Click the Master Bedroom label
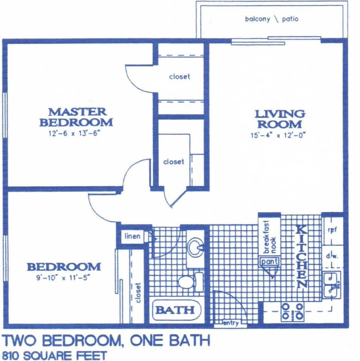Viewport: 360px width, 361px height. click(x=76, y=117)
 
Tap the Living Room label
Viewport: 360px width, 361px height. click(x=280, y=119)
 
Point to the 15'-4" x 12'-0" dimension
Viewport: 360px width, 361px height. click(x=278, y=135)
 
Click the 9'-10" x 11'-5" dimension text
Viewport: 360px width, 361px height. click(x=63, y=278)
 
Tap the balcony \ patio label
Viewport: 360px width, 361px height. click(x=272, y=19)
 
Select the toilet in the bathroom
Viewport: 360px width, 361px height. click(x=190, y=282)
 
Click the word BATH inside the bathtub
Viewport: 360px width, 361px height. click(x=175, y=310)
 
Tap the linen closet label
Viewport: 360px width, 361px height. click(x=132, y=236)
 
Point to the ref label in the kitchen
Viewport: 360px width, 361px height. click(x=332, y=230)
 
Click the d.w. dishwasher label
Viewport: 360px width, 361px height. click(x=332, y=256)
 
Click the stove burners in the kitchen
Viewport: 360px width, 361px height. click(x=292, y=312)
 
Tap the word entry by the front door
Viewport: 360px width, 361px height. click(x=231, y=323)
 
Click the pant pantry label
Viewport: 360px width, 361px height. click(x=270, y=261)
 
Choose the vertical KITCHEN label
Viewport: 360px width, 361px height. click(x=301, y=257)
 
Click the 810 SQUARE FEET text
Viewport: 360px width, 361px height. click(x=54, y=355)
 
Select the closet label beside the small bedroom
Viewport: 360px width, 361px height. click(x=138, y=293)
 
